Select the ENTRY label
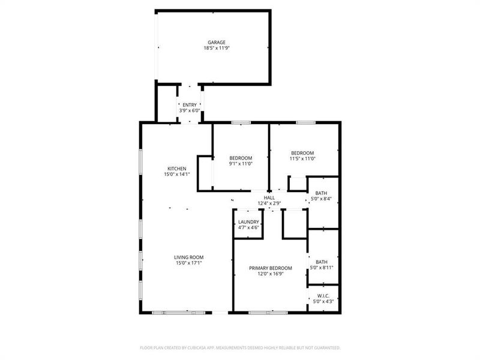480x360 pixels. (190, 105)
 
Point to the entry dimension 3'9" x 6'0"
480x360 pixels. (190, 111)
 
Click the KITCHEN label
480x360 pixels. (176, 169)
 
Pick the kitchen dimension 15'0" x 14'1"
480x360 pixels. (176, 175)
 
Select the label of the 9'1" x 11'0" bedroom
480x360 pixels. (241, 158)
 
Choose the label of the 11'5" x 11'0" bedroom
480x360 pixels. (302, 153)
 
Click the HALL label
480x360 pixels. (269, 197)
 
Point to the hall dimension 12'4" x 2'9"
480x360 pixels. (269, 203)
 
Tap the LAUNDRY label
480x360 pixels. (248, 222)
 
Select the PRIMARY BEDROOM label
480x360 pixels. (271, 268)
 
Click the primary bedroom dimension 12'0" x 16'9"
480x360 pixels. (271, 274)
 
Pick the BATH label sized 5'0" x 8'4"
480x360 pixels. (322, 193)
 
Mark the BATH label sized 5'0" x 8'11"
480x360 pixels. (322, 262)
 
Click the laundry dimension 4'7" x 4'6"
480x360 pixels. (248, 228)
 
